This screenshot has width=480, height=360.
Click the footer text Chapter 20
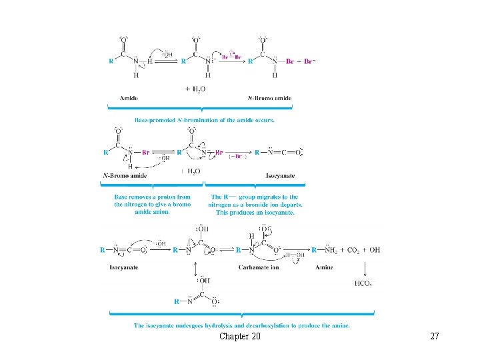240,337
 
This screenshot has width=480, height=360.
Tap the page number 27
435,337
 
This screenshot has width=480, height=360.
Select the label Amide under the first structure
129,98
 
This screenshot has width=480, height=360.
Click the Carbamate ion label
259,267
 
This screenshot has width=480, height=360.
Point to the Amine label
324,267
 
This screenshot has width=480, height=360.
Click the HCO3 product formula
363,283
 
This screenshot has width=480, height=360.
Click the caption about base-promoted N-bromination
204,120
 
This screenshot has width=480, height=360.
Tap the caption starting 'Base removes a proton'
152,205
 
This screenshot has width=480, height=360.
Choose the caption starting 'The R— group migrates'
255,205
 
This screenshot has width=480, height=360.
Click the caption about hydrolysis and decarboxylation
241,325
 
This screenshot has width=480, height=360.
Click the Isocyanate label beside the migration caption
280,176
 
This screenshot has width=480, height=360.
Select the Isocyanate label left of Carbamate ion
124,267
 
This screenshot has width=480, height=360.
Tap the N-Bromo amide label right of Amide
269,98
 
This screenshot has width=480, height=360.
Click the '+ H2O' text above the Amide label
195,89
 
